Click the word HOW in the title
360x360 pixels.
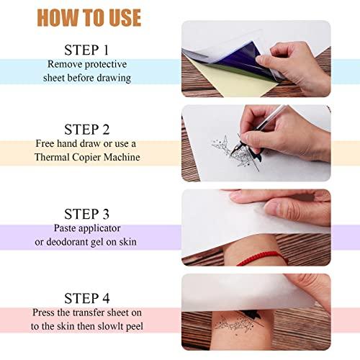[x=58, y=17]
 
